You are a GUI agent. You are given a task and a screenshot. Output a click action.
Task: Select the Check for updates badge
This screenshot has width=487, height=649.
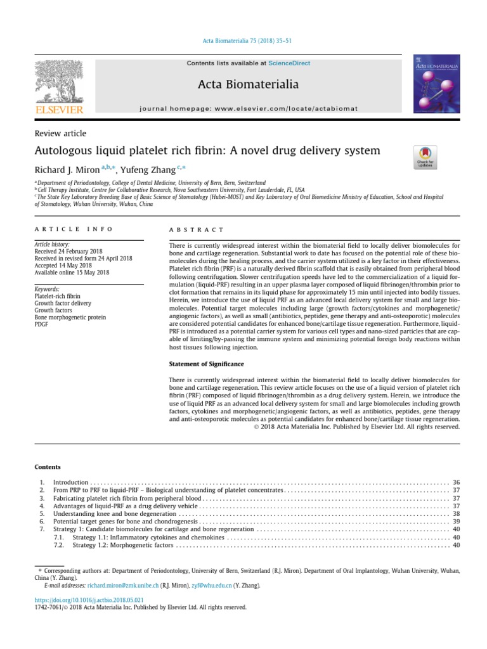425,157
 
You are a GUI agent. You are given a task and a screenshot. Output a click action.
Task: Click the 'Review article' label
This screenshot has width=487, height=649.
60,134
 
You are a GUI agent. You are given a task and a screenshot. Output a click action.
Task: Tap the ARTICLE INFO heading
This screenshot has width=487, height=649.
74,229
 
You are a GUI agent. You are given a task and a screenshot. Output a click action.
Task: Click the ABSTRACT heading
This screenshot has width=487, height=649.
196,229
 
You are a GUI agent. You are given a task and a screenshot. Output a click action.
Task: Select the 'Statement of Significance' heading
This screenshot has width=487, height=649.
206,364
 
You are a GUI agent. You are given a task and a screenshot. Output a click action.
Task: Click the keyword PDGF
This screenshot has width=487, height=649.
42,325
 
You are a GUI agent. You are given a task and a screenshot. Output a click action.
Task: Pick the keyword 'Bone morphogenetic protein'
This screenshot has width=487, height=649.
70,318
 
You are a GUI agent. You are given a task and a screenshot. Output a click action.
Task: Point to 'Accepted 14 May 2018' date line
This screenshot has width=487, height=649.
67,266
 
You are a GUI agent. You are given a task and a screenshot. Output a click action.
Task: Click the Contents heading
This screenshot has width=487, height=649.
48,467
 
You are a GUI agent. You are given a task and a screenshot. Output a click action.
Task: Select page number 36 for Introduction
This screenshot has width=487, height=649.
456,483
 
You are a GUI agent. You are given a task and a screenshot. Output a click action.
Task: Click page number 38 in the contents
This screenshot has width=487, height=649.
456,513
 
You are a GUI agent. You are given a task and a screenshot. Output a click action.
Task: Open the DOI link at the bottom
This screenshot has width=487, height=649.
89,600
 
